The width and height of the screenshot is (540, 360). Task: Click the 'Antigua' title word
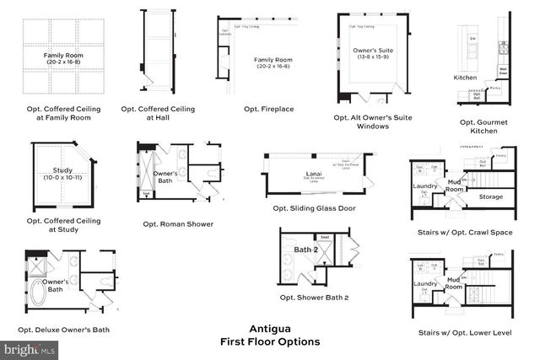[269, 329]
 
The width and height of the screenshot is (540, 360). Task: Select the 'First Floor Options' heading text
[269, 341]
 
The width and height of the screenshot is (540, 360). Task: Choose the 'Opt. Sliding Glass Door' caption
[314, 208]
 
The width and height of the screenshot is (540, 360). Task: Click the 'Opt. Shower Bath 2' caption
[314, 297]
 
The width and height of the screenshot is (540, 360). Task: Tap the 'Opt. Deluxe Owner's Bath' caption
[67, 329]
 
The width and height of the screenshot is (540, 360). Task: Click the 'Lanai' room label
[314, 175]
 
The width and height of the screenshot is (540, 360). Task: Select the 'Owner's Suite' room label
[373, 51]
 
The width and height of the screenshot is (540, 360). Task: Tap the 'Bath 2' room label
[305, 250]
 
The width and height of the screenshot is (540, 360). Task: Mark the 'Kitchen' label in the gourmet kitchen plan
[465, 78]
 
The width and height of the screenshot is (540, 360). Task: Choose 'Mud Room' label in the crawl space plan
[455, 186]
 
